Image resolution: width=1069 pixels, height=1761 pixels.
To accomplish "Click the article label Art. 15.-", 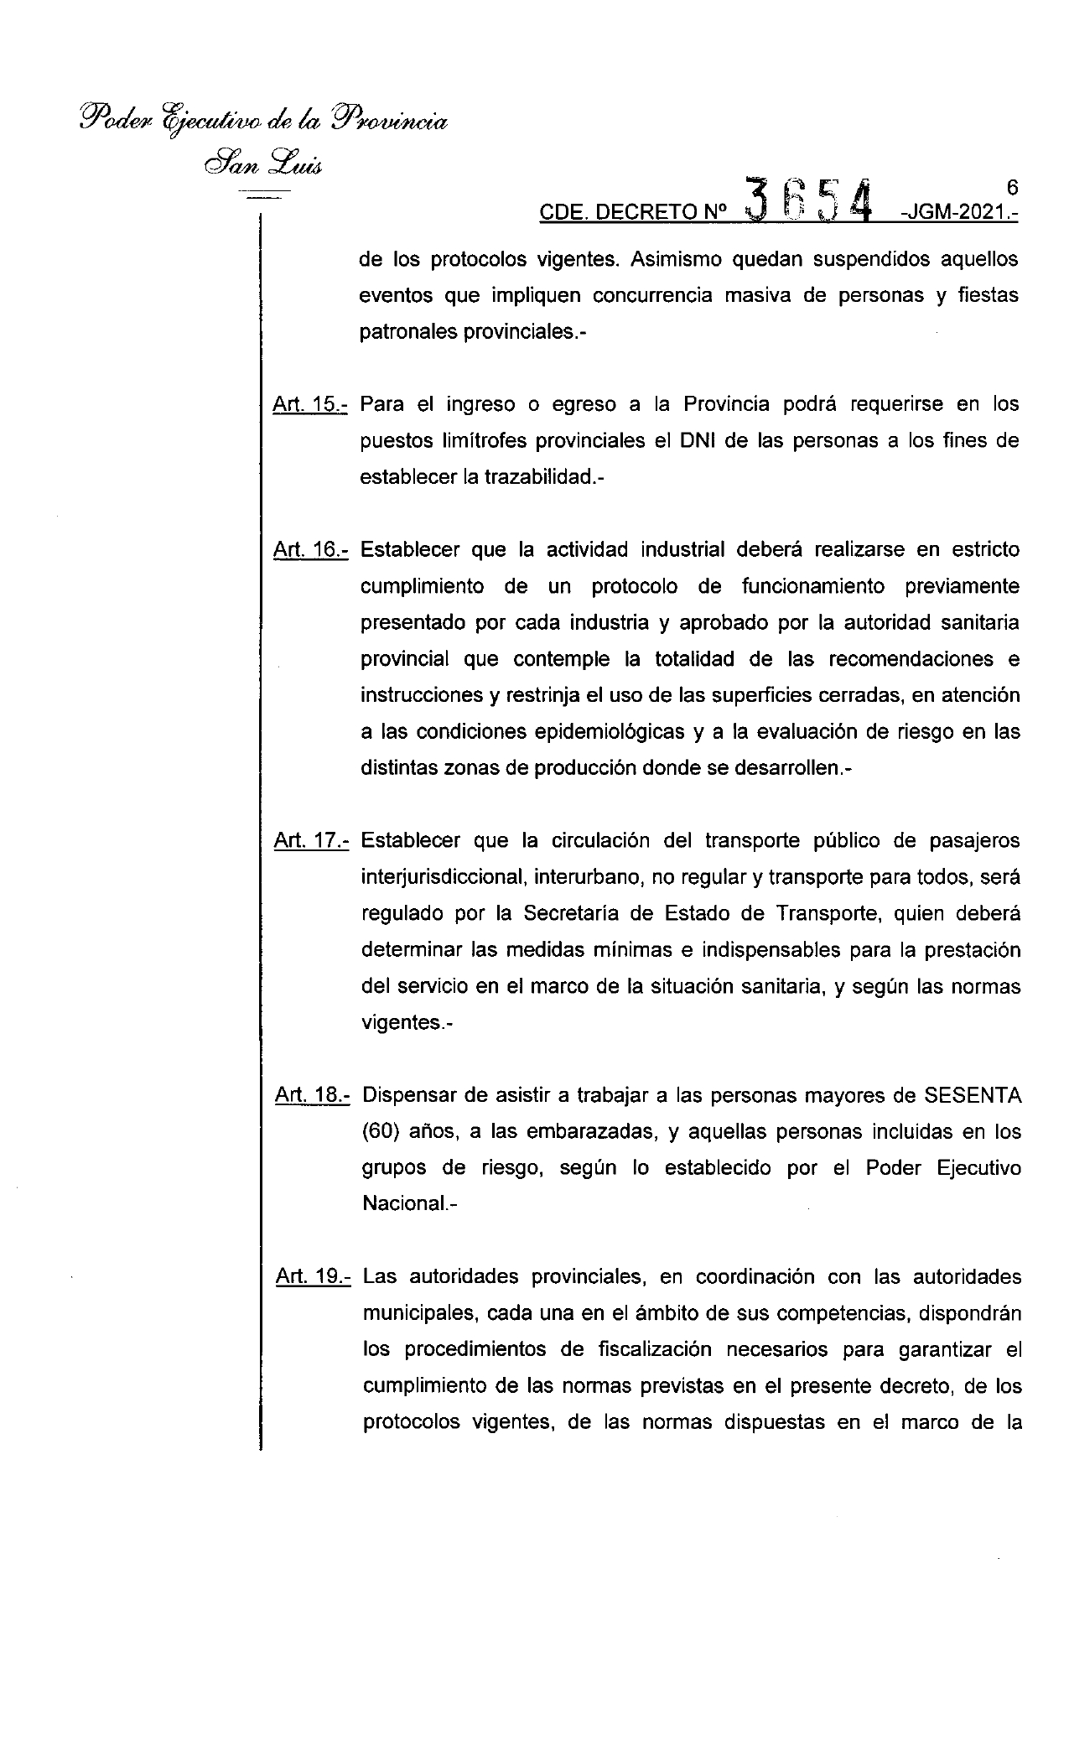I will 310,405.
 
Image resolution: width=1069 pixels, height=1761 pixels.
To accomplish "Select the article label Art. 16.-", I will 310,551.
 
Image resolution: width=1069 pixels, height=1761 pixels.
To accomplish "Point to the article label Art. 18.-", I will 312,1095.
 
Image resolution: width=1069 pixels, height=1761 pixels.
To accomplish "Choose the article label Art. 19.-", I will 313,1277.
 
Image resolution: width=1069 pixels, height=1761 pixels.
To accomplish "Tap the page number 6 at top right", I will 1012,188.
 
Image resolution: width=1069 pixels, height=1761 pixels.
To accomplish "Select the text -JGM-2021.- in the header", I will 957,214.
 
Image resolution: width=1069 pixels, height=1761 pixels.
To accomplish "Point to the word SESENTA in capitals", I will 973,1095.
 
